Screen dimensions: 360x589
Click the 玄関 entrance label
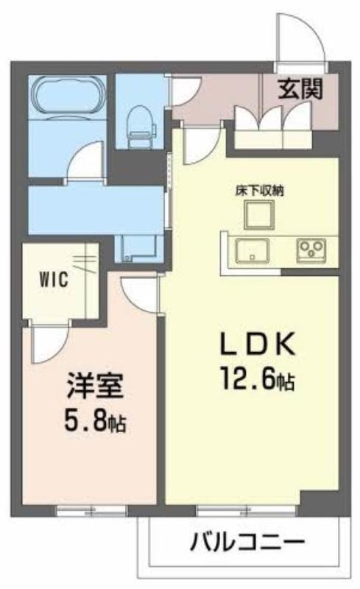tap(300, 89)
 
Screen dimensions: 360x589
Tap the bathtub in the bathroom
tap(68, 97)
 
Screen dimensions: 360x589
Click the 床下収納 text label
tap(259, 191)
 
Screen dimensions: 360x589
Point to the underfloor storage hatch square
tap(259, 214)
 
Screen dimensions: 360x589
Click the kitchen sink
tap(251, 250)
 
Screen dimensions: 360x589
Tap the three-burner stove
tap(311, 250)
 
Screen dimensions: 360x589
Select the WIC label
tap(54, 279)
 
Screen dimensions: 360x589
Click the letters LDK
tap(257, 345)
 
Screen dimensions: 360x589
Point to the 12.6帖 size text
tap(258, 378)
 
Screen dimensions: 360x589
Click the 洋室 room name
tap(95, 387)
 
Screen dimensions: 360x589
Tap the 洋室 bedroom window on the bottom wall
tap(91, 511)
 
